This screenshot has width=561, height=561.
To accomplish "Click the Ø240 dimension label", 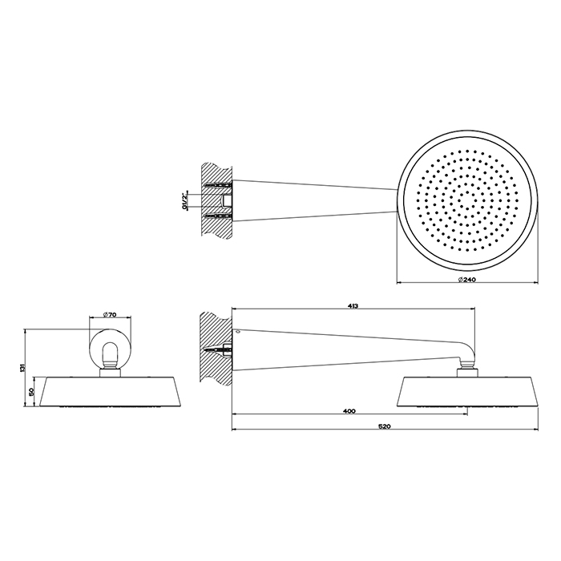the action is pos(467,280).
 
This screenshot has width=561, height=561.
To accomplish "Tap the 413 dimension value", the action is pos(353,306).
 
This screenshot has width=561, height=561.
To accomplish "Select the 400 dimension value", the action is pos(349,411).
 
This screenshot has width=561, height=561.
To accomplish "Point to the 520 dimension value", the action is pos(385,426).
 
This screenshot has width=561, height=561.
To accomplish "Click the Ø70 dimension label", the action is pos(110,315).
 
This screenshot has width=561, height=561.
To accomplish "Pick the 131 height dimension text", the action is pos(22,368).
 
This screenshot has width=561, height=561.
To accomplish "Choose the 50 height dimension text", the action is pos(31,391).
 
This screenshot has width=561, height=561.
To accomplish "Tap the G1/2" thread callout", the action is pos(184,201).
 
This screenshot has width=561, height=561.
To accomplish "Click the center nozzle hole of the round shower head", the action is pos(467,208).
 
